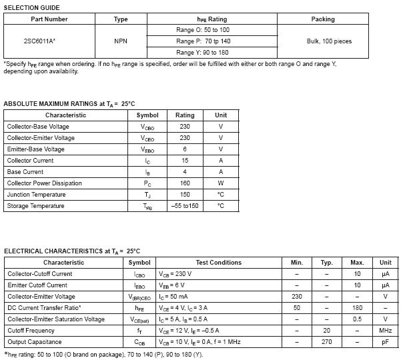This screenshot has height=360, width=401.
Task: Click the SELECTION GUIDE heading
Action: click(31, 7)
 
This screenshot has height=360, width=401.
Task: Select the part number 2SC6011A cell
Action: click(40, 41)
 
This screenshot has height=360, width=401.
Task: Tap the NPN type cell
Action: click(121, 41)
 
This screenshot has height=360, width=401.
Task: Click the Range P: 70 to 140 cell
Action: click(203, 41)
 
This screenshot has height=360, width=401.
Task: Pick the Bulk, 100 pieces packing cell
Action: click(324, 41)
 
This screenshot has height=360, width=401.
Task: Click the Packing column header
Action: click(323, 19)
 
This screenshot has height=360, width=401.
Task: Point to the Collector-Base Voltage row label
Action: click(38, 127)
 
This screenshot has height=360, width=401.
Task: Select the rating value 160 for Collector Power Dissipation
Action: click(185, 183)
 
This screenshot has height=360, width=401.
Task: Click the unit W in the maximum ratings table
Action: click(221, 183)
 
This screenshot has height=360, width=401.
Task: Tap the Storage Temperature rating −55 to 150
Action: click(185, 206)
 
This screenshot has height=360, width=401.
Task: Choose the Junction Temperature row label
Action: click(37, 195)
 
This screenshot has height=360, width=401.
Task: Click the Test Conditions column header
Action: click(219, 263)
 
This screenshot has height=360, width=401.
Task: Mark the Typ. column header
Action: click(326, 263)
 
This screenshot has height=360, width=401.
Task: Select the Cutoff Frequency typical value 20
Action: click(326, 331)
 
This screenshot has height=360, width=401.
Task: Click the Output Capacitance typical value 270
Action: click(326, 342)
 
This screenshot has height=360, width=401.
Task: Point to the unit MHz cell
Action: click(385, 331)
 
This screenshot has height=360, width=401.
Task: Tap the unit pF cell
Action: click(385, 342)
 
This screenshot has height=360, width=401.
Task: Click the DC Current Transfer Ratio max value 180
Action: click(357, 308)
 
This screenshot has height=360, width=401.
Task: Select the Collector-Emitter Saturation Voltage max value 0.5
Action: click(357, 319)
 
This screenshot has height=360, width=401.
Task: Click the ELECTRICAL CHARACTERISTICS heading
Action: click(72, 251)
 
